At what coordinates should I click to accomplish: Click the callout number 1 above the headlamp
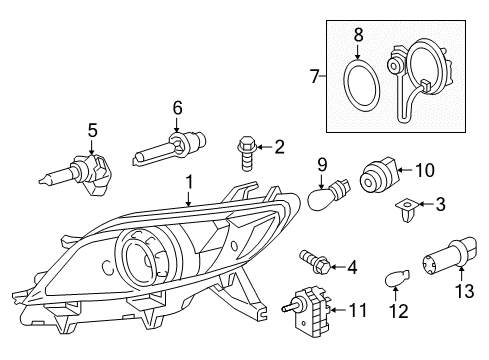[x=188, y=183]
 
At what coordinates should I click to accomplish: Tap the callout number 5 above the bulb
[x=92, y=129]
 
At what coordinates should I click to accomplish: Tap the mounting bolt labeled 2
[x=244, y=152]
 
